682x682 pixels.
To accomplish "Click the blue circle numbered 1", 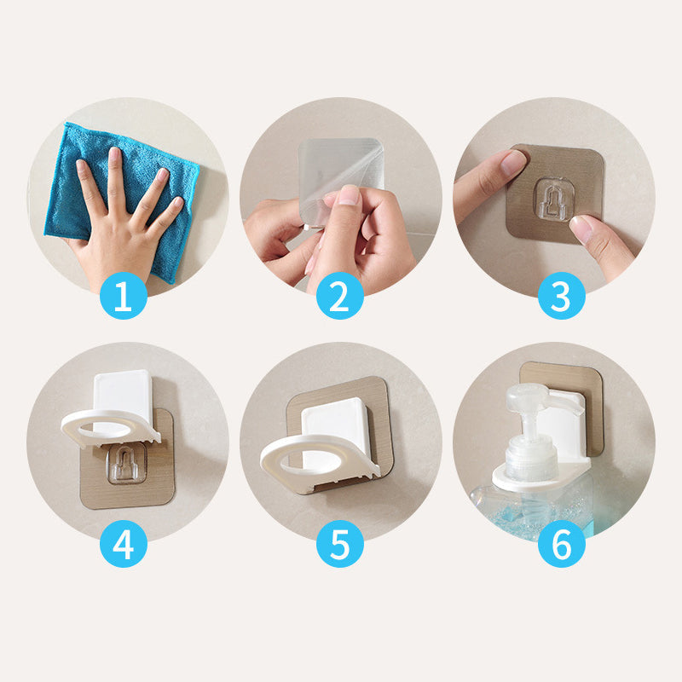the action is click(x=124, y=296).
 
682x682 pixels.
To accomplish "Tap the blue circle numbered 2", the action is click(x=340, y=296).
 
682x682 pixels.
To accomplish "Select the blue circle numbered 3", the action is click(x=562, y=296).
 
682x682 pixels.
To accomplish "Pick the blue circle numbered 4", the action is click(x=124, y=544).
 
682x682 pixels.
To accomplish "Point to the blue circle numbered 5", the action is click(x=340, y=544).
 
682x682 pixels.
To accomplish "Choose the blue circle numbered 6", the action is click(x=562, y=544).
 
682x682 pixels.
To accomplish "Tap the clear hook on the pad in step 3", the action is click(x=552, y=199).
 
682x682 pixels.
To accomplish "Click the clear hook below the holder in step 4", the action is click(x=126, y=465).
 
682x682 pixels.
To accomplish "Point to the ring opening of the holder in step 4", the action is click(x=106, y=430).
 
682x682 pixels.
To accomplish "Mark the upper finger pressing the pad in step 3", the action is click(x=489, y=182).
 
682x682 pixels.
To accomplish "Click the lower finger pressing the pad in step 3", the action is click(x=602, y=246).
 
